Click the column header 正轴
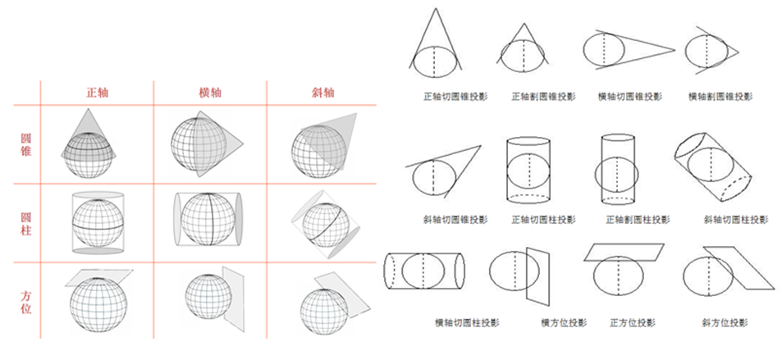click(97, 93)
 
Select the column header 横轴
click(210, 93)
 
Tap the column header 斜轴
click(323, 93)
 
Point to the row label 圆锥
click(26, 144)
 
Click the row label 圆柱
click(26, 224)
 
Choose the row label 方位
click(26, 303)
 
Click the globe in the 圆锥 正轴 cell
click(89, 154)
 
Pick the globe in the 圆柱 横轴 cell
click(208, 220)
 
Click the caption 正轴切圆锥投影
click(455, 96)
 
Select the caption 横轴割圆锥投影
click(720, 96)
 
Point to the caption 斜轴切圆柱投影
click(735, 220)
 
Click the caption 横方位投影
click(564, 322)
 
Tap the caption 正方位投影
click(633, 322)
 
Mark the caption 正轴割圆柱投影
click(638, 220)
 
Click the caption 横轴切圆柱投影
click(467, 322)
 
